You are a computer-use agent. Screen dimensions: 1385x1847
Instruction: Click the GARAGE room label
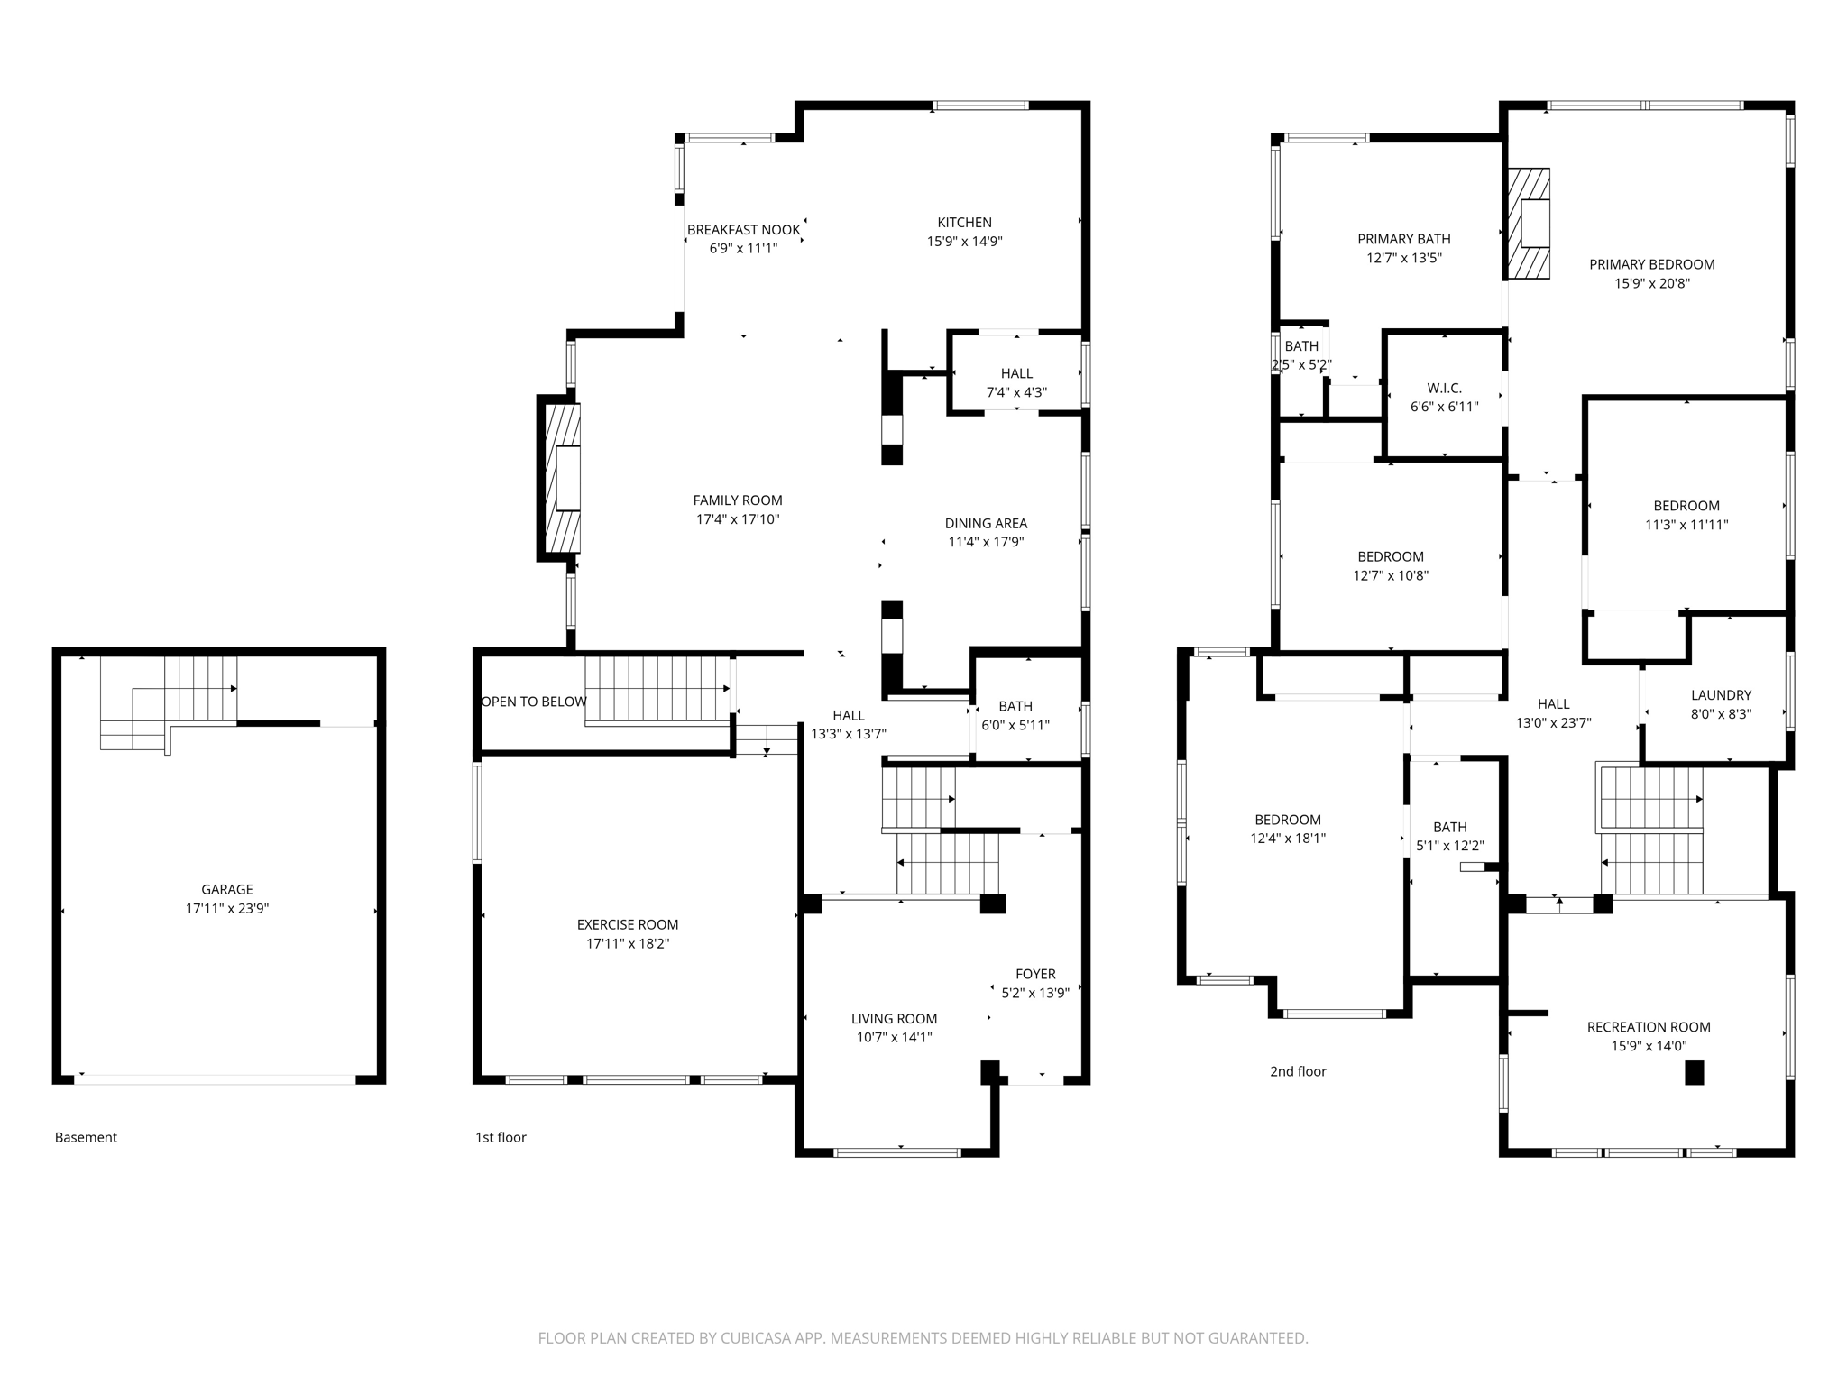226,889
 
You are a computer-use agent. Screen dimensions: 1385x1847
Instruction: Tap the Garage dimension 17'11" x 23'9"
226,909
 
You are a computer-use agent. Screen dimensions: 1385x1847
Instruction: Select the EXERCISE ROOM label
627,924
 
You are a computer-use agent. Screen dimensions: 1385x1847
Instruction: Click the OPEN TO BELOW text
534,702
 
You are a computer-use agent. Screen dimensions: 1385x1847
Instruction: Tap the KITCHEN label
964,222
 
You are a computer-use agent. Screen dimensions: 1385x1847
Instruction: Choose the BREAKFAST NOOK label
743,230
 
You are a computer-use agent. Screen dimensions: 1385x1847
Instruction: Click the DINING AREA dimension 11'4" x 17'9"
986,542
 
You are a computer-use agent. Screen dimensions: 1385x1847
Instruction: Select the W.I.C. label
1444,388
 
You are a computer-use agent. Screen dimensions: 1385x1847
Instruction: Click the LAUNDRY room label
1721,695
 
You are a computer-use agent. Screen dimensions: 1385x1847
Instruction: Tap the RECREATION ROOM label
1649,1027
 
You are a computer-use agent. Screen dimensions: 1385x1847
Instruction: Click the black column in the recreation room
1695,1073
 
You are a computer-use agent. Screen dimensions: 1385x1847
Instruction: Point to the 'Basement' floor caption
86,1137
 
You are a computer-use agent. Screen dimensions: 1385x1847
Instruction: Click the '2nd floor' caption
1298,1071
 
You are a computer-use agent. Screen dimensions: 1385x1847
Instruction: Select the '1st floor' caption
501,1137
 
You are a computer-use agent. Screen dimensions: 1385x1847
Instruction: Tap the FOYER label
1034,974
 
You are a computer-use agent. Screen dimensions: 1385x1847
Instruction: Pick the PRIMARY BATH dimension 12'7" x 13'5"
1403,258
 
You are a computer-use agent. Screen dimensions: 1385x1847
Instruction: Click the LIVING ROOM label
894,1019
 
